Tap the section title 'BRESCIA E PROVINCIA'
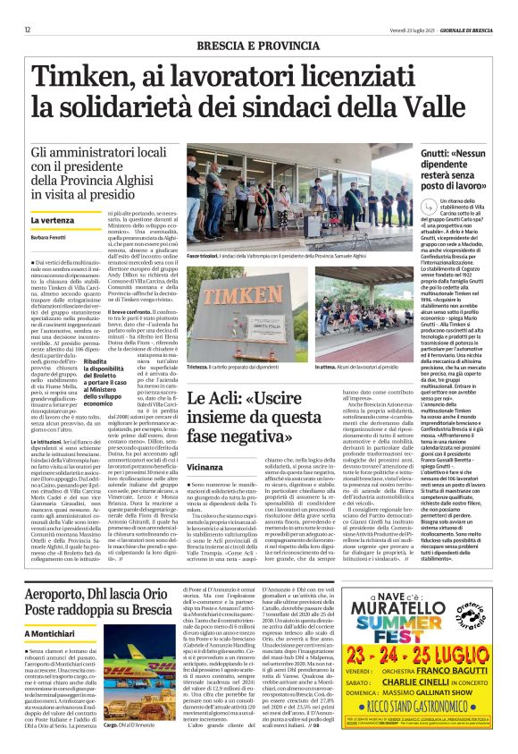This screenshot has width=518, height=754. click(258, 44)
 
